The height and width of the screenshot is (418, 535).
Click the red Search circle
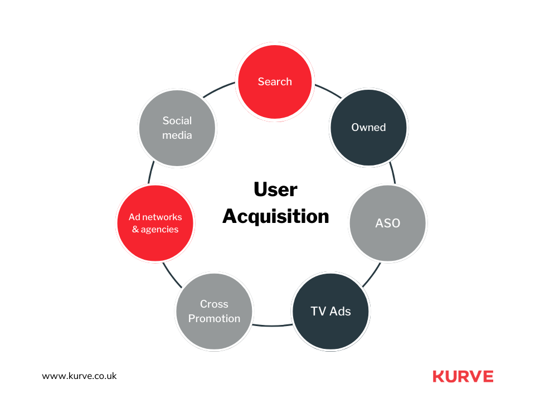coord(275,82)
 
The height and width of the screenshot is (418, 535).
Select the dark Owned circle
coord(368,128)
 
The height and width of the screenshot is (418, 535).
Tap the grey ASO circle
coord(387,223)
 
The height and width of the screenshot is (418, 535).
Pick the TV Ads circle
coord(330,311)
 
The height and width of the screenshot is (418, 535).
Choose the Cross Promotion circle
coord(214,311)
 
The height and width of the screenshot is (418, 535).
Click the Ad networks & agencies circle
coord(155,223)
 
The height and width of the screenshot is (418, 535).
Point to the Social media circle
coord(177,128)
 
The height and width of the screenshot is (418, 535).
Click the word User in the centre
coord(275,189)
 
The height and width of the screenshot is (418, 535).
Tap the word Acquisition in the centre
coord(275,216)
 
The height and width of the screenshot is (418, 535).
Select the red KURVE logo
coord(463,376)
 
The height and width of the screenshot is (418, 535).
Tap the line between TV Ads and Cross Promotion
coord(272,325)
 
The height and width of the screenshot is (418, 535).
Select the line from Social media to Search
coord(219,90)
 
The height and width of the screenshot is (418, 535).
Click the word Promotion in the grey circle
coord(214,319)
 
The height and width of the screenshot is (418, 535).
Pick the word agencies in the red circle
coord(160,230)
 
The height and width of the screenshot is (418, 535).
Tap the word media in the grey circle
coord(177,135)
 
